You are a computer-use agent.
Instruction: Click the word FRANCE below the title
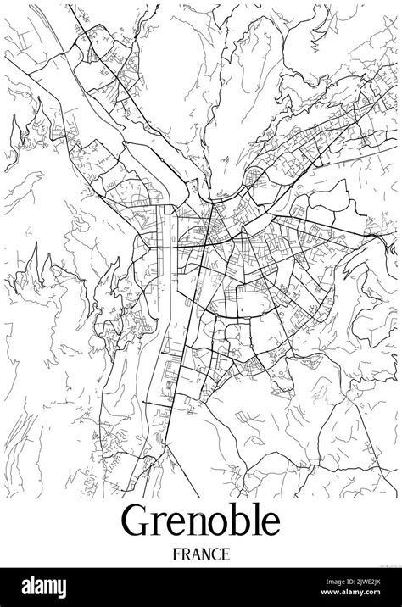pos(202,554)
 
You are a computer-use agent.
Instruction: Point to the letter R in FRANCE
pos(187,554)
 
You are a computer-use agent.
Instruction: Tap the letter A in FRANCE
pos(197,554)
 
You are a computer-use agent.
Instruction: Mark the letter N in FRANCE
pos(207,554)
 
